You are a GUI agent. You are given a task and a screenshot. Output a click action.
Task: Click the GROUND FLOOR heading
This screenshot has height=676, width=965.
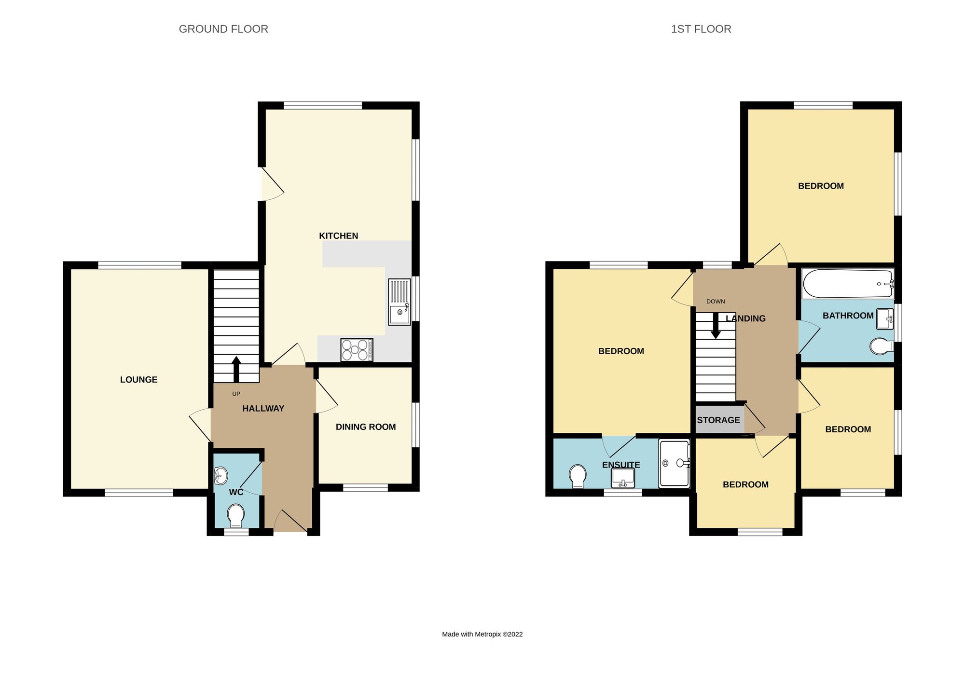223,29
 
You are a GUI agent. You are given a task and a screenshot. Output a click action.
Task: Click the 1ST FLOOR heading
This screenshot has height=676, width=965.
701,29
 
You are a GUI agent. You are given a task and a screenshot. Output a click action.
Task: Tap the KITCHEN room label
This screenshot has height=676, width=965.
338,235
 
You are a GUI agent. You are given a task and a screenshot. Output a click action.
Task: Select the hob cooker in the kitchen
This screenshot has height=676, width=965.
357,350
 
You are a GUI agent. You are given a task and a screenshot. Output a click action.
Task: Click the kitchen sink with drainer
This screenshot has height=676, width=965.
400,302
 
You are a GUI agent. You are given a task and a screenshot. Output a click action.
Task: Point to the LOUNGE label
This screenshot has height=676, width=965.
138,380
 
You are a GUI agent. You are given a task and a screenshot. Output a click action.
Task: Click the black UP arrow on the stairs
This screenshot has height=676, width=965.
236,369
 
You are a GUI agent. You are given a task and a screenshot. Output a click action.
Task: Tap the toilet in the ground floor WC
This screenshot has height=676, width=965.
236,515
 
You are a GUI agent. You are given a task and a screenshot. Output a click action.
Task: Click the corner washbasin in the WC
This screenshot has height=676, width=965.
220,476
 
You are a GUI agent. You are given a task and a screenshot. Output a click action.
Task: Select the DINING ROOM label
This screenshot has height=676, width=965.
365,427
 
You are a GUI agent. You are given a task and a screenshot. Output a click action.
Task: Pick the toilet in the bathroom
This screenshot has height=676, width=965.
881,346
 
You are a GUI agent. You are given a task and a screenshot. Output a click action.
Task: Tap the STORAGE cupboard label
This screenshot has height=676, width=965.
718,420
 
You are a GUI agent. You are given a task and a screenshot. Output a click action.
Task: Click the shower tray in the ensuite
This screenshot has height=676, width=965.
674,463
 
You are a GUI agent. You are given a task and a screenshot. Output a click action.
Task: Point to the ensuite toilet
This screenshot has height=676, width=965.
578,476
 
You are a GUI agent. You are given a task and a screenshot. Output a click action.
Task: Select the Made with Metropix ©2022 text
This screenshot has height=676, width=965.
482,634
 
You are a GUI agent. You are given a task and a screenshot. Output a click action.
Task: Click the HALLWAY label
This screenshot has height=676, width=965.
263,408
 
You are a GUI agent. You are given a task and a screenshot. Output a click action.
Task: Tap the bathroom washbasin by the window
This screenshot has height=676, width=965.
885,319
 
